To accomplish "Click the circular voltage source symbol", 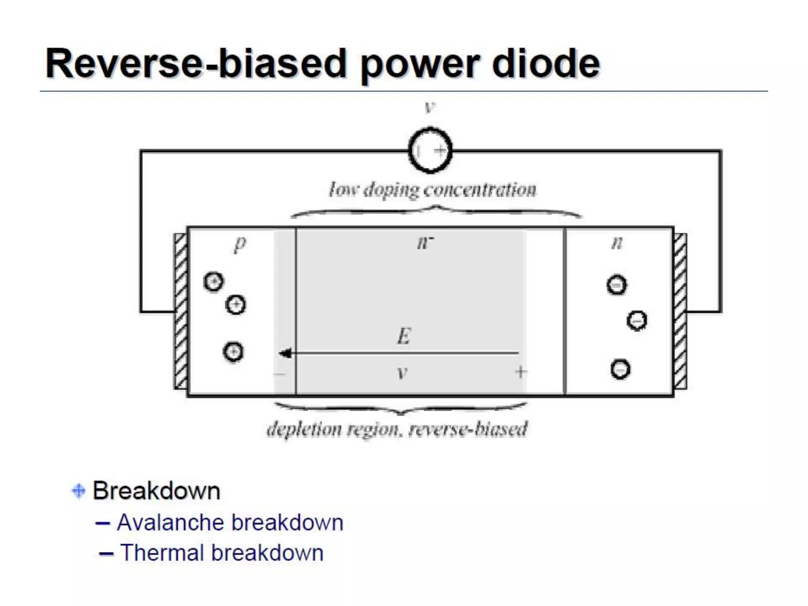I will pos(430,150).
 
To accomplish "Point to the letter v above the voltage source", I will pos(429,107).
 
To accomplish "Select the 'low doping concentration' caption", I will pos(433,190).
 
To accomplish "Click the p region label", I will pos(240,243).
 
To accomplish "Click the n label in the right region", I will pos(617,242).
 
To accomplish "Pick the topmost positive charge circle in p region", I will pos(213,282).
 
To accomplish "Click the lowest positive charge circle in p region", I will pos(233,352).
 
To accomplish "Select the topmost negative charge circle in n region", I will pos(617,285).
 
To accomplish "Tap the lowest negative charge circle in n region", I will pos(620,369).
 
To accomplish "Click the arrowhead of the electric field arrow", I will pos(285,353).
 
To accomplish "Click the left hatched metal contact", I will pos(181,311).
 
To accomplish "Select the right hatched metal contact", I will pos(680,311).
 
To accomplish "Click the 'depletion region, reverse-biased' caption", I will pos(397,429).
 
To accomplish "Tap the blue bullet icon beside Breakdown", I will pos(79,491).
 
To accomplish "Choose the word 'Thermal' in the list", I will pos(162,553).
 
